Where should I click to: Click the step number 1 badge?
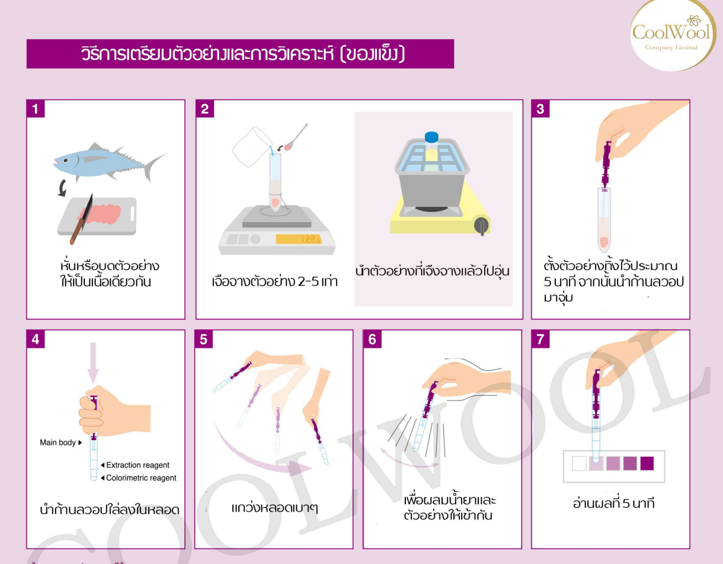35,108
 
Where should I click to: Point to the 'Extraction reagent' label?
137,465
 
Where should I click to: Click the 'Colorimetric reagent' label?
140,478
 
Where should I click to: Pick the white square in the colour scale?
579,463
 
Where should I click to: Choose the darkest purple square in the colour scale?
647,463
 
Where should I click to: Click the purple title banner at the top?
240,54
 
